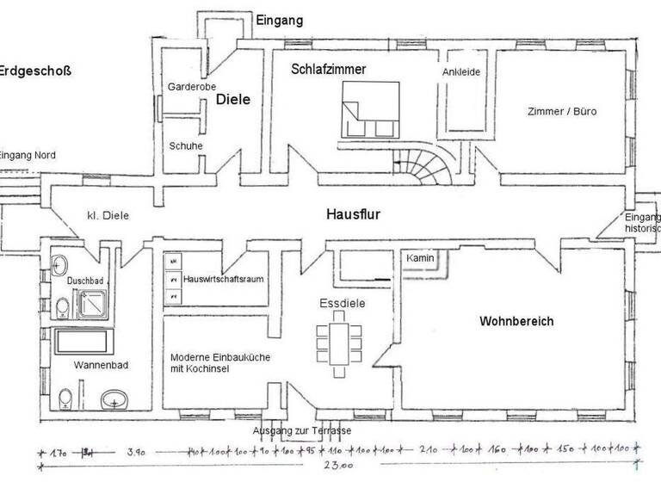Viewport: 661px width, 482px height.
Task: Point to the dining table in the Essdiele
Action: click(334, 338)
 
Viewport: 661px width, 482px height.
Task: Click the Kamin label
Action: click(419, 257)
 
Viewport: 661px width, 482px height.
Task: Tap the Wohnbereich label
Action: click(516, 322)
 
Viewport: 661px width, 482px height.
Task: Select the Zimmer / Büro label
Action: click(562, 112)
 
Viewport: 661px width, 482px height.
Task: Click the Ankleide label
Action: click(461, 72)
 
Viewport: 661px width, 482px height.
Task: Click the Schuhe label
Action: click(186, 145)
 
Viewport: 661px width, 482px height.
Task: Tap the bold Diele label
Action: click(232, 100)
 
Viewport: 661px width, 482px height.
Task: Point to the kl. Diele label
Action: click(108, 215)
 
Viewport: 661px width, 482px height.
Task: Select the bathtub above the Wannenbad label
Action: click(83, 343)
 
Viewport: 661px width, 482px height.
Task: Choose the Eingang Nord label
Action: click(28, 155)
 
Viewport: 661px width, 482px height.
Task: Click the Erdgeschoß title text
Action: click(34, 71)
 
